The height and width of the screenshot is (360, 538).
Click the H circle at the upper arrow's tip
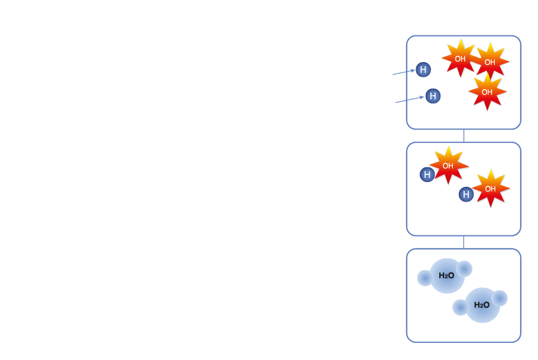click(x=423, y=70)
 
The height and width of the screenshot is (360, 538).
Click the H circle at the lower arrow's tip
click(x=433, y=96)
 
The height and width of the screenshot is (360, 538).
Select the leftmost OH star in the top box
click(x=461, y=59)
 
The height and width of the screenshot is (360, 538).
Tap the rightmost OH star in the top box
click(x=490, y=61)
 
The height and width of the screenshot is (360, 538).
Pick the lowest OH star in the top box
click(x=487, y=92)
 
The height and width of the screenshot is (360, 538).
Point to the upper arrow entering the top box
click(x=404, y=72)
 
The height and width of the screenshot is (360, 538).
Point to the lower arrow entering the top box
click(x=410, y=99)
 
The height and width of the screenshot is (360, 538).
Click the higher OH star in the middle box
click(x=448, y=166)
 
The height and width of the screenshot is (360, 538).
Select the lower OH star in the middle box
click(x=491, y=189)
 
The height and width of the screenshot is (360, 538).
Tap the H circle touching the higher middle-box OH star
click(x=427, y=174)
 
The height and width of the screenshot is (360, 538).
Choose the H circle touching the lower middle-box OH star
click(x=466, y=194)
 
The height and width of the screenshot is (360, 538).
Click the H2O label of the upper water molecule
click(x=446, y=275)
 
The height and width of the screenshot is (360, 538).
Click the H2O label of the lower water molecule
click(x=482, y=305)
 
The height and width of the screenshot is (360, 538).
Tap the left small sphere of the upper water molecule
click(x=424, y=278)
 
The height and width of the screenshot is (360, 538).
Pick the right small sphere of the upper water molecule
click(x=464, y=268)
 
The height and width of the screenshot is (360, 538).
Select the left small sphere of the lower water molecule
click(x=460, y=307)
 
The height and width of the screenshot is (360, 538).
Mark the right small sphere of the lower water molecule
click(x=500, y=298)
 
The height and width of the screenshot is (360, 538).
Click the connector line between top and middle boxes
click(x=464, y=135)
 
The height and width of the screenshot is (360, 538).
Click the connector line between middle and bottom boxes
click(x=464, y=242)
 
